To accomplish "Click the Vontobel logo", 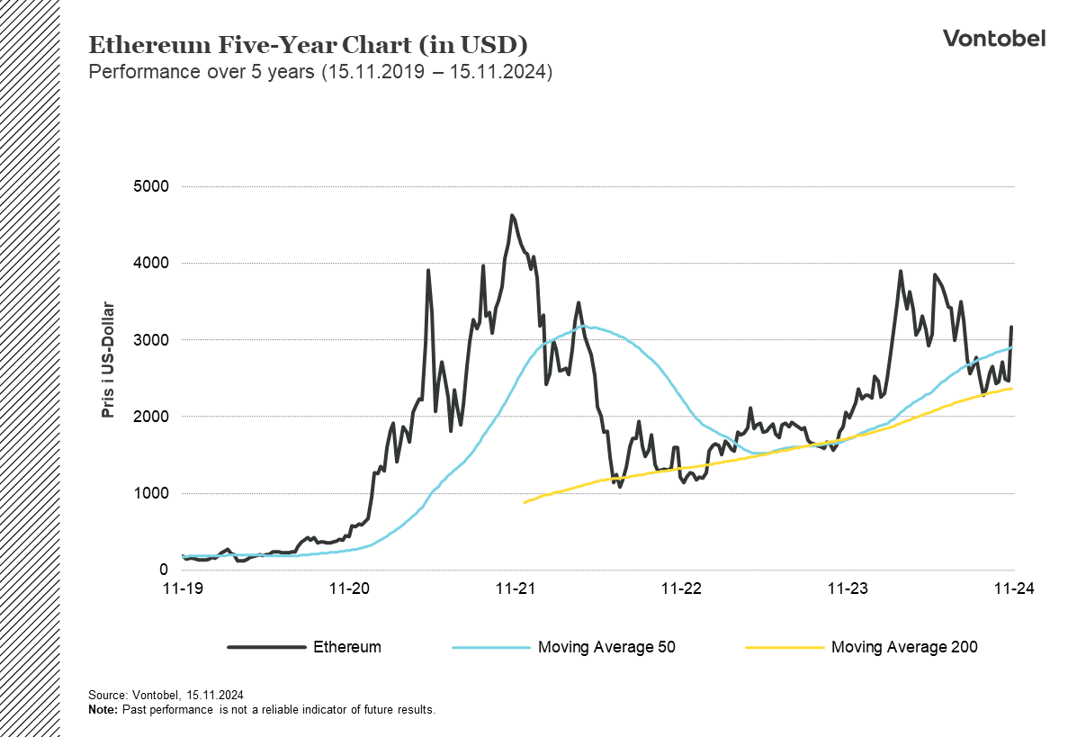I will pyautogui.click(x=993, y=38).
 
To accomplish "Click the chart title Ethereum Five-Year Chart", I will pyautogui.click(x=308, y=45).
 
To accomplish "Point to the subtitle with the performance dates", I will pyautogui.click(x=319, y=73).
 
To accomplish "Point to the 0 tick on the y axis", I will pyautogui.click(x=162, y=570).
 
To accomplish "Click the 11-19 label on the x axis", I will pyautogui.click(x=183, y=589).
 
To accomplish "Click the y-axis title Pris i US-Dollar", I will pyautogui.click(x=109, y=360).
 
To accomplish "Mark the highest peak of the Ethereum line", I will pyautogui.click(x=512, y=216).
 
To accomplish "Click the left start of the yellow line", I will pyautogui.click(x=525, y=502).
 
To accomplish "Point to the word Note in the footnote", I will pyautogui.click(x=102, y=710).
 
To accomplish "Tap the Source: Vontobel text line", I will pyautogui.click(x=166, y=696).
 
